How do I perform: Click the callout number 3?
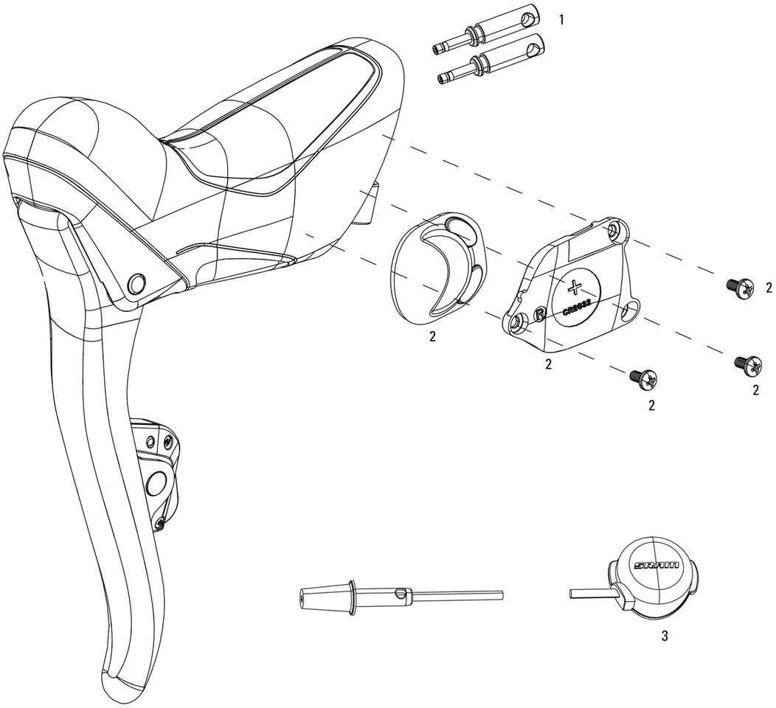tap(664, 636)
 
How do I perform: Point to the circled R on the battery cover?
tap(540, 313)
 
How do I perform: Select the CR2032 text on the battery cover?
tap(576, 305)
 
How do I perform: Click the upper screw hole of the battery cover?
tap(614, 232)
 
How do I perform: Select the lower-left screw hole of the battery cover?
tap(519, 322)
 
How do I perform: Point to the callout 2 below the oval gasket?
tap(432, 336)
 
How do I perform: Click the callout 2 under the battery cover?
tap(549, 364)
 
